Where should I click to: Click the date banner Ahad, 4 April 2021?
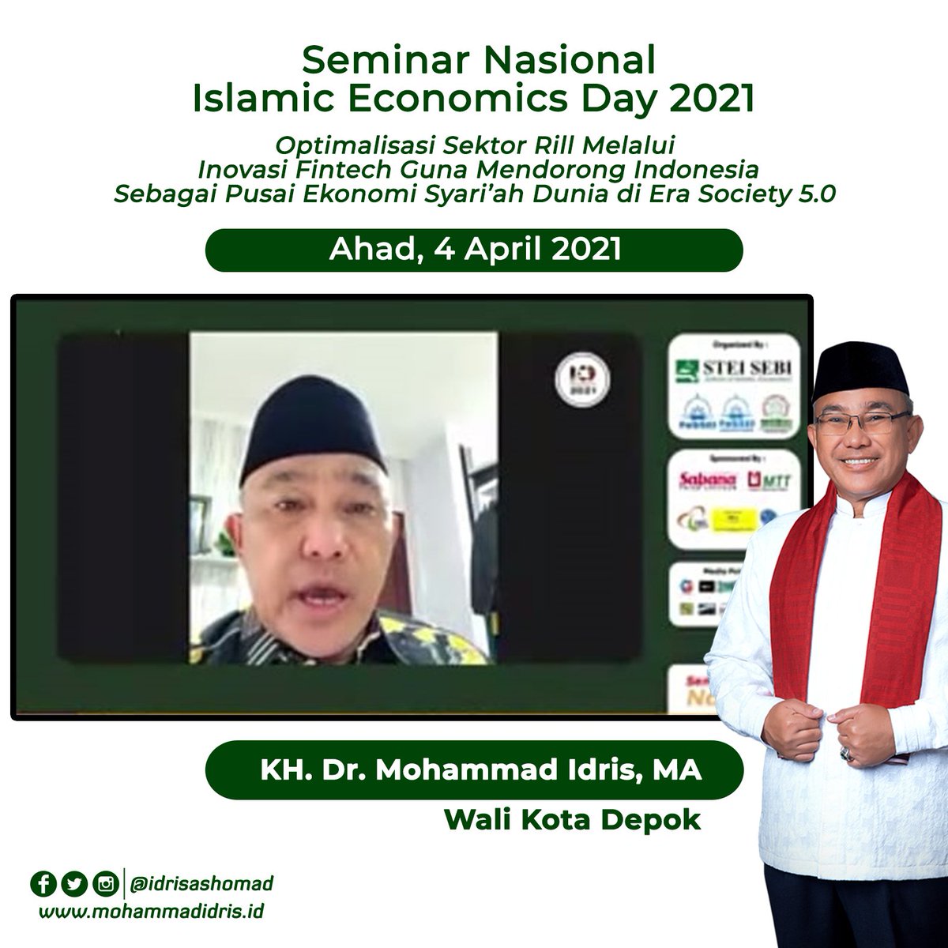coord(474,250)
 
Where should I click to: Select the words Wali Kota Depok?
coord(572,819)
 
